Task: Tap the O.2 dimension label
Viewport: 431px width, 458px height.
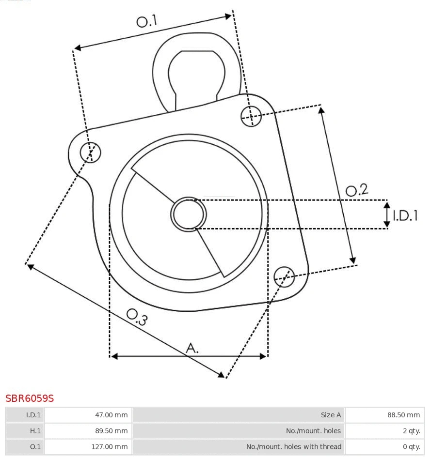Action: (x=357, y=190)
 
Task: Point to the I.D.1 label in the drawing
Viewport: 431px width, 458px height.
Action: (x=405, y=215)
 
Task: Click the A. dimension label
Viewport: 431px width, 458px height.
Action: (x=192, y=348)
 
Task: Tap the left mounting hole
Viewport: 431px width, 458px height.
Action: (x=91, y=153)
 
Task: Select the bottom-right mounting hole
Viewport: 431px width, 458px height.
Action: (x=284, y=275)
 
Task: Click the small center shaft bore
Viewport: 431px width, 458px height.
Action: (x=189, y=214)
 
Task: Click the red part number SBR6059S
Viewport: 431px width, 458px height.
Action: (x=30, y=398)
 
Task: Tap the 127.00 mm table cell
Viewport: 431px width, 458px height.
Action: (x=110, y=447)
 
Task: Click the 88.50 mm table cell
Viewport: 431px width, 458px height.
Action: (x=403, y=415)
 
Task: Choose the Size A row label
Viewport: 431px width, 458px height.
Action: (x=331, y=415)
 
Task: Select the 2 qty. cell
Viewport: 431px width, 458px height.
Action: (x=411, y=431)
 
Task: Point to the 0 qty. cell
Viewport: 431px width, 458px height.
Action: (x=411, y=447)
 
